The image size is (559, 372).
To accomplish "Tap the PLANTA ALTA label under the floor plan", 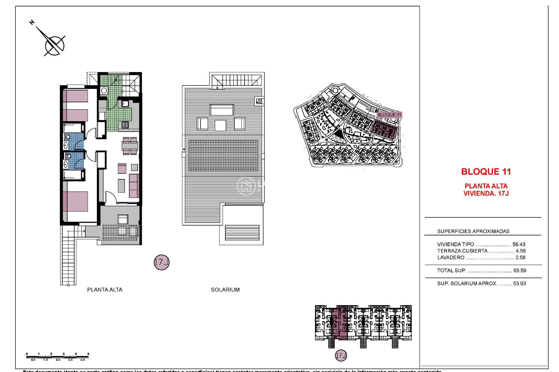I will pos(105,289).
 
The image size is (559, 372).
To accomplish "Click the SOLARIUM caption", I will pos(225,289).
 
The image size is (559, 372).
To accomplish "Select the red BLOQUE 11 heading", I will pos(486,172).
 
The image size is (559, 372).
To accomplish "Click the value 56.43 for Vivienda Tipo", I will pos(519,244).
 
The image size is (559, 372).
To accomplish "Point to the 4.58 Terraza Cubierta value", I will pos(521,251).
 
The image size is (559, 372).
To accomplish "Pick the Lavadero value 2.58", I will pos(520,257).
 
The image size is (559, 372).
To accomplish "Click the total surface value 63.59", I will pos(520,271).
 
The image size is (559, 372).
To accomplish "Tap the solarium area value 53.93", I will pos(519,284).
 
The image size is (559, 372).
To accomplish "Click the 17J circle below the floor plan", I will pos(161,262).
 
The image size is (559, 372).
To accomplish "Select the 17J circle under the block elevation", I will pos(341,355).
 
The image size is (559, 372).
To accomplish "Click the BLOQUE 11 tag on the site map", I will pos(389,115).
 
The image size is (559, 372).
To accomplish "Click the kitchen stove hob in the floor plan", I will pos(125,125).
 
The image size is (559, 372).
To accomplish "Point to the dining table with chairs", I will pos(130,146).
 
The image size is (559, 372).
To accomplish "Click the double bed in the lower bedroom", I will pos(76,201).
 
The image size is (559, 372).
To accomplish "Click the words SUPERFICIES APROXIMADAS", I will pos(473,231).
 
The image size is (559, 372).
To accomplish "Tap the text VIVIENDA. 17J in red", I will pos(486,194).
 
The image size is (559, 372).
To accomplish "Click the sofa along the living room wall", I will pos(134,186).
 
